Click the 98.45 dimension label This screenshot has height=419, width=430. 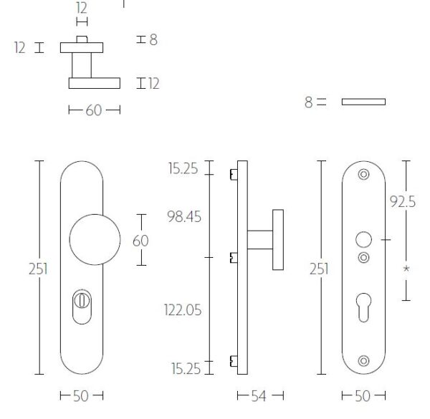coord(184,216)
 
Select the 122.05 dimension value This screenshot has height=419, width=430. coord(183,310)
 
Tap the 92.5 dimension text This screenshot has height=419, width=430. coord(403,202)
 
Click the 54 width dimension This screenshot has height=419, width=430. coord(259,395)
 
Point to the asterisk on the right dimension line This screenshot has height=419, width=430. coord(406,269)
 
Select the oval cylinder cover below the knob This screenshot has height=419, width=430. coord(82,307)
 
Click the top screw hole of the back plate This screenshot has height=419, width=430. coord(363,174)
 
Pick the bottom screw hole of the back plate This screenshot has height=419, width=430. coord(363,361)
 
